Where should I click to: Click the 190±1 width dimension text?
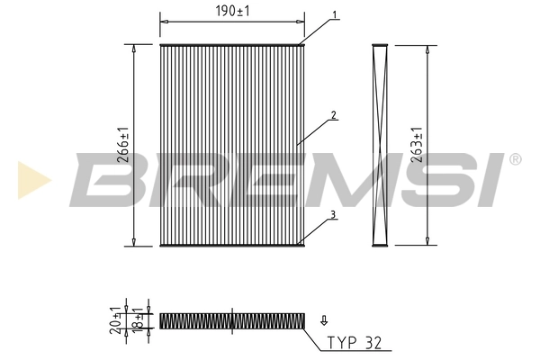(x=232, y=10)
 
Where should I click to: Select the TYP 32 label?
(x=354, y=343)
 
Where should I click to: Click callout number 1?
(x=334, y=14)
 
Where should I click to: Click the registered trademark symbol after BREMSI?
(x=515, y=159)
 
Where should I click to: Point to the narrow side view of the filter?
(x=379, y=145)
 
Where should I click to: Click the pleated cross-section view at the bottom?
(x=232, y=319)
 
